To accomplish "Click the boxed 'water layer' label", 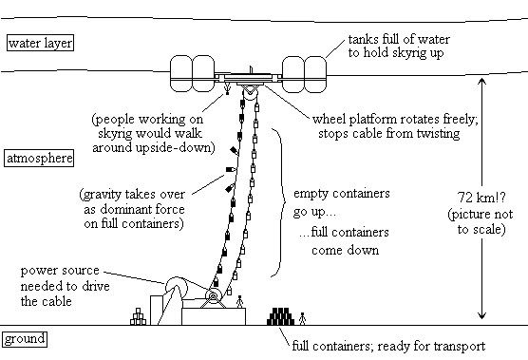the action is pyautogui.click(x=40, y=43).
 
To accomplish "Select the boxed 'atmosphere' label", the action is pyautogui.click(x=39, y=158).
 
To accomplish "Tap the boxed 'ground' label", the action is pyautogui.click(x=25, y=339).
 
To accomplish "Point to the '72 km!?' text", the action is pyautogui.click(x=481, y=197).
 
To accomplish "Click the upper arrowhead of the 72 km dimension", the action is pyautogui.click(x=482, y=82).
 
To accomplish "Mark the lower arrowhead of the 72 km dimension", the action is pyautogui.click(x=482, y=315).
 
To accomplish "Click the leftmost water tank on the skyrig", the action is pyautogui.click(x=181, y=74).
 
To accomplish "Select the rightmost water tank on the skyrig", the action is pyautogui.click(x=315, y=74).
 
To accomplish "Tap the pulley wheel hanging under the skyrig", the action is pyautogui.click(x=251, y=93).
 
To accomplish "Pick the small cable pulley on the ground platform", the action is pyautogui.click(x=213, y=296).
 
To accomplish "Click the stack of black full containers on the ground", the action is pyautogui.click(x=280, y=316).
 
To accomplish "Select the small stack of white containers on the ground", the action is pyautogui.click(x=138, y=316).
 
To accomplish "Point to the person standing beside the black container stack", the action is pyautogui.click(x=302, y=318).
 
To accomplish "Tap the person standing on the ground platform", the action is pyautogui.click(x=239, y=302).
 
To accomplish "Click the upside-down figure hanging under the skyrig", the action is pyautogui.click(x=227, y=89).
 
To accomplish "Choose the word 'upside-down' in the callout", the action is pyautogui.click(x=183, y=147).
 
